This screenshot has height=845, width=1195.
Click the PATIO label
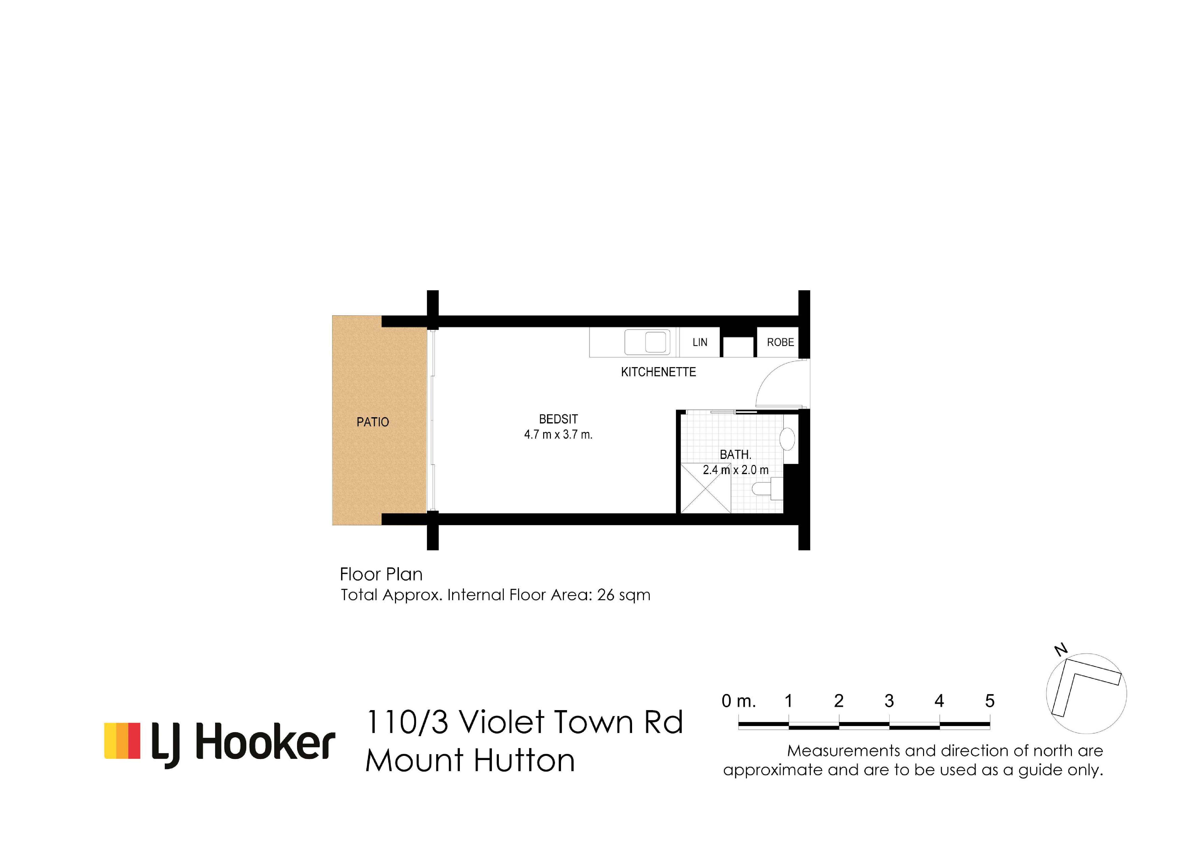pyautogui.click(x=373, y=422)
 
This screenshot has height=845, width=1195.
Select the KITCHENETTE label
pyautogui.click(x=658, y=372)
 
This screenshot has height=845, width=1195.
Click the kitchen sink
pyautogui.click(x=647, y=342)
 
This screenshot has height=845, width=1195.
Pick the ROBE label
pyautogui.click(x=780, y=342)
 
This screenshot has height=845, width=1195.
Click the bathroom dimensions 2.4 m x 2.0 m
pyautogui.click(x=735, y=470)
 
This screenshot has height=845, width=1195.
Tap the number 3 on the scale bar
pyautogui.click(x=889, y=701)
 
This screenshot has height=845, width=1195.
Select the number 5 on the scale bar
pyautogui.click(x=990, y=701)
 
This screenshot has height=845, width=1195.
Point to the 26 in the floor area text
pyautogui.click(x=606, y=595)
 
